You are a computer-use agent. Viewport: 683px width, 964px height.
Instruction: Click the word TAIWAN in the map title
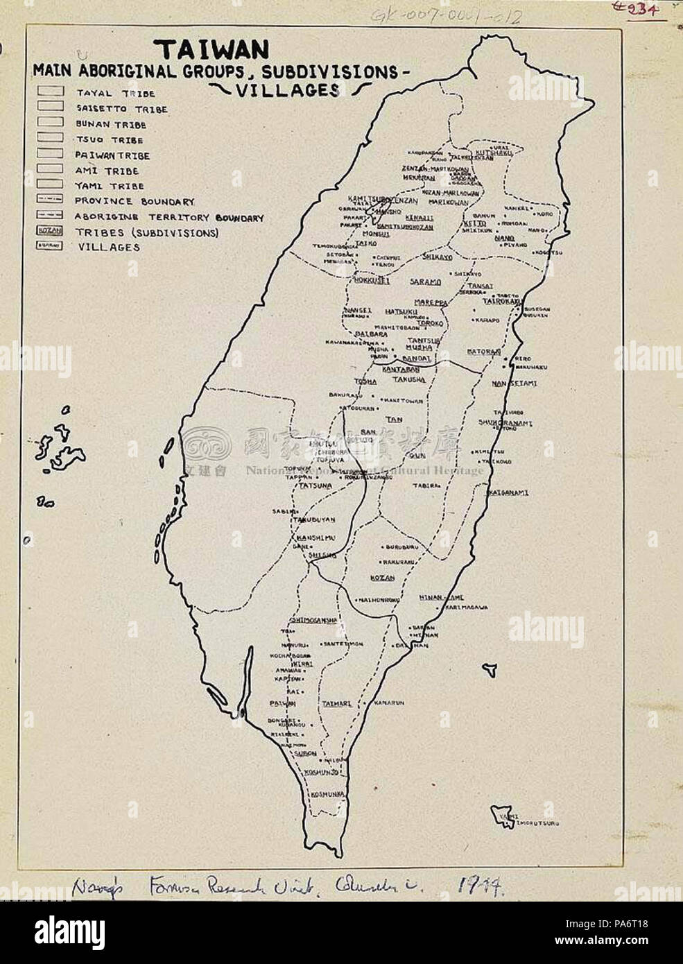click(211, 49)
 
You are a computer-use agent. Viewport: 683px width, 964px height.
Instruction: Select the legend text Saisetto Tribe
click(121, 109)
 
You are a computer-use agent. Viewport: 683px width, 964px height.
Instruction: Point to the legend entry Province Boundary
click(134, 201)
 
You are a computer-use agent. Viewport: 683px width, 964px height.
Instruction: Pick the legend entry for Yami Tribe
click(110, 186)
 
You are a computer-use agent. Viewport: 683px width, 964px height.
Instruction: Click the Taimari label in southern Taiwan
click(336, 703)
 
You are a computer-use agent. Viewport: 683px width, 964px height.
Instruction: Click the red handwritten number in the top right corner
click(644, 7)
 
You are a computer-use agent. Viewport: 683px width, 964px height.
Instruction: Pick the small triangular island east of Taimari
click(490, 667)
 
